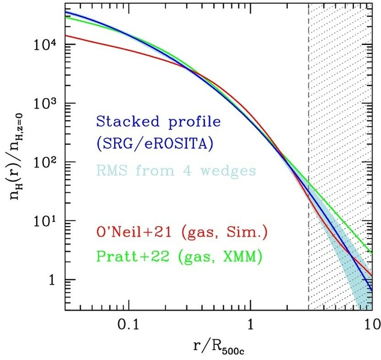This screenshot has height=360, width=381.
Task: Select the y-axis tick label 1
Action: [x=53, y=281]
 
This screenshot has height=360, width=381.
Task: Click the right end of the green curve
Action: [x=372, y=252]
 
